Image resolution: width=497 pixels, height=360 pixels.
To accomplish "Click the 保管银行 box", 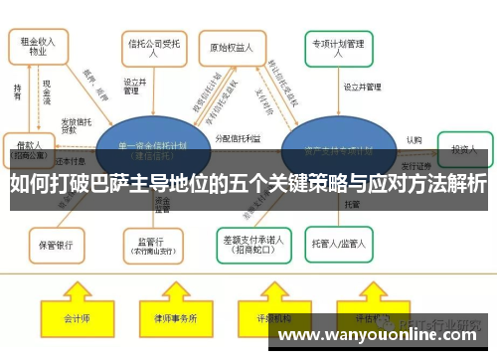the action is tap(56, 243).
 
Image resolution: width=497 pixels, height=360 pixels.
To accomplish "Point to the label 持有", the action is tap(17, 90).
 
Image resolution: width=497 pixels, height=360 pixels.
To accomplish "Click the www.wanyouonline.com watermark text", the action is tap(384, 335).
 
